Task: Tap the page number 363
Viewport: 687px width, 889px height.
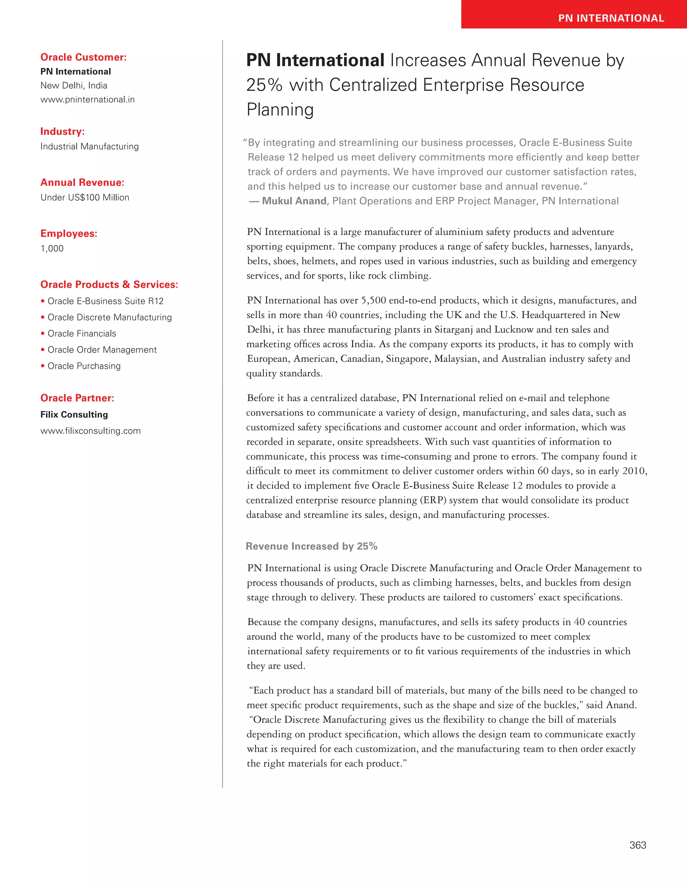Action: (x=638, y=845)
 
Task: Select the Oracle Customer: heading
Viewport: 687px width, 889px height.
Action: (x=84, y=57)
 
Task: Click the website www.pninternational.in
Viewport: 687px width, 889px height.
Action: (x=88, y=100)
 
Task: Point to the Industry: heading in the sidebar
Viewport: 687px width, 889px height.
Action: (x=62, y=132)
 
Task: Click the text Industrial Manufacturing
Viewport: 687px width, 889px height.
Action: (x=90, y=147)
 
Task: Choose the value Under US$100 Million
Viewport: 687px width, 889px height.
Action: (x=85, y=197)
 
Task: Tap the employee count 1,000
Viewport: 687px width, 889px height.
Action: (x=52, y=248)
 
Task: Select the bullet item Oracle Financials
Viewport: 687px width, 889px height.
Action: (x=82, y=333)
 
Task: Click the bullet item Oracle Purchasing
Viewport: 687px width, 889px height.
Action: (x=84, y=366)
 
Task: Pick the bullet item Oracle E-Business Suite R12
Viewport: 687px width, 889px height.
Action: (x=105, y=301)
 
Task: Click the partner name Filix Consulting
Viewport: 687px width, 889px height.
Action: (x=74, y=414)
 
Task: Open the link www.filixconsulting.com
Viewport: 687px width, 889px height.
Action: (x=90, y=431)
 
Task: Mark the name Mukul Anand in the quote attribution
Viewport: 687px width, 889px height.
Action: (x=294, y=201)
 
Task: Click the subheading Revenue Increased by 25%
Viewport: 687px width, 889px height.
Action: (x=311, y=546)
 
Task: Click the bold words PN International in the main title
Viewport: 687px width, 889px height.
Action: (x=315, y=60)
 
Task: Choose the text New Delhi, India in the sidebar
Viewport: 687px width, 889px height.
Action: (x=74, y=86)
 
